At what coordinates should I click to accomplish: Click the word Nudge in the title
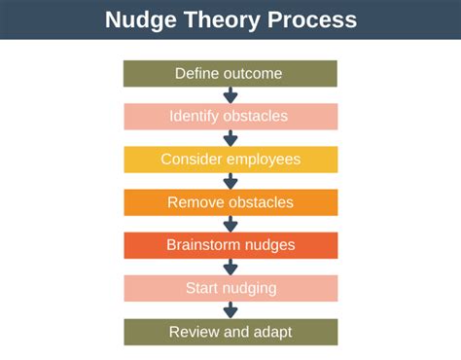pos(139,19)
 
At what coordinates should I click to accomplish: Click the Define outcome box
pos(230,74)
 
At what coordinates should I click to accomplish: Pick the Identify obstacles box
pos(230,117)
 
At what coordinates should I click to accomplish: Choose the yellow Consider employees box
pos(230,160)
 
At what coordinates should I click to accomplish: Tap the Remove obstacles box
pos(230,202)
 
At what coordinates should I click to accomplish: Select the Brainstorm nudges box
pos(230,245)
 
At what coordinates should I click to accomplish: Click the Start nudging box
pos(230,288)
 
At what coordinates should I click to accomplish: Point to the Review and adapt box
pos(230,332)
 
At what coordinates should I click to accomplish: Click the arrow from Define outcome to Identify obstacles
pos(230,95)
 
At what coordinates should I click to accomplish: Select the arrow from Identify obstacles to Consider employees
pos(230,138)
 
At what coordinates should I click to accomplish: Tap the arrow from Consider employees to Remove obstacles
pos(230,181)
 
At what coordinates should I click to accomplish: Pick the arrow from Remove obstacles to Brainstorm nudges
pos(230,224)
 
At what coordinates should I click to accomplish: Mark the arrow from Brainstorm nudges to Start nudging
pos(230,267)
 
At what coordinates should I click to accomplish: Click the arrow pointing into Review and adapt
pos(230,309)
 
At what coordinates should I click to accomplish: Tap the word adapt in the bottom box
pos(273,333)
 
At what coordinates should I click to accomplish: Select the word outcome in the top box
pos(254,74)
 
